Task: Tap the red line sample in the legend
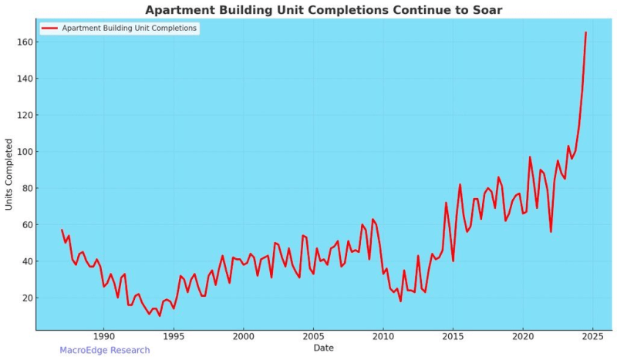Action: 49,28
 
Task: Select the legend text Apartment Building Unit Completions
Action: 130,28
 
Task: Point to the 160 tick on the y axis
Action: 23,42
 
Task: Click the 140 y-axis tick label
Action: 23,79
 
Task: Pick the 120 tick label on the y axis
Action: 23,116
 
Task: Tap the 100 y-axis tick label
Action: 23,152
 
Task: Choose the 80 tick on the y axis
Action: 25,188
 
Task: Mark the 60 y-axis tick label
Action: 25,225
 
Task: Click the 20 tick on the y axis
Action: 25,298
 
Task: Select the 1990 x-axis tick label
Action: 103,337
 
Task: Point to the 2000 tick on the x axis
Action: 243,337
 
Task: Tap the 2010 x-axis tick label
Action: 383,337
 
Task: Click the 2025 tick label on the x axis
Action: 593,337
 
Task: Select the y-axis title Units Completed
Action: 9,174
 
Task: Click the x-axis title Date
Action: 324,348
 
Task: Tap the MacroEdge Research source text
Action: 105,350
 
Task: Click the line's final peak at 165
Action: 586,32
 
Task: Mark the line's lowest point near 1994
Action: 160,315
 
